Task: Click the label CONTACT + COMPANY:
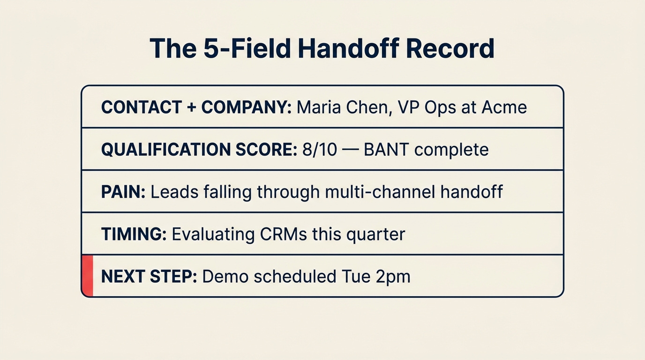(196, 107)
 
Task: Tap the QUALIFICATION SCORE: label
(199, 150)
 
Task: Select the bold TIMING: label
(134, 234)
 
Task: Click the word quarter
(375, 234)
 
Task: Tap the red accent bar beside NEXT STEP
(88, 276)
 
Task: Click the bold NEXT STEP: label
(149, 276)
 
